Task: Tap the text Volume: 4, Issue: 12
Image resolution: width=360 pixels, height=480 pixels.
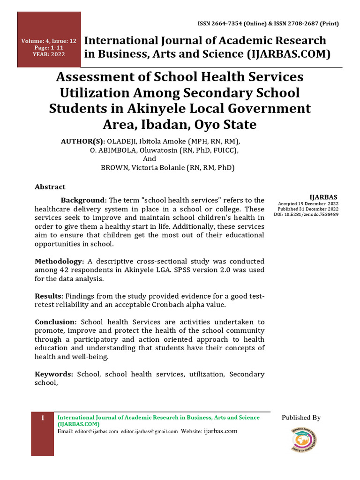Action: click(49, 41)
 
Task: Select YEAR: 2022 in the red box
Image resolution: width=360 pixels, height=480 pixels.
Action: click(49, 54)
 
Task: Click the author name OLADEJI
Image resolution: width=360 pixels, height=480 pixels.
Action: click(123, 141)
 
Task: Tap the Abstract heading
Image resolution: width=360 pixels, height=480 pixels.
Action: click(50, 187)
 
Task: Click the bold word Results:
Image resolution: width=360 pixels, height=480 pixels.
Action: click(49, 296)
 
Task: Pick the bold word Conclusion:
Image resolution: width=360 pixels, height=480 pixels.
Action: click(56, 322)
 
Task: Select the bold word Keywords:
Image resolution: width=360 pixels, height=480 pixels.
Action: click(54, 374)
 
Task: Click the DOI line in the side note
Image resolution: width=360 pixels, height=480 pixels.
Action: click(306, 214)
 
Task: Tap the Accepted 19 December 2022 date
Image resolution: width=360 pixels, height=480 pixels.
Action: click(308, 204)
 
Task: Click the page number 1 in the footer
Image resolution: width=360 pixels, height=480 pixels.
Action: click(43, 418)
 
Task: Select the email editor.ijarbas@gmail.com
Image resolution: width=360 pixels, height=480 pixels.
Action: click(149, 431)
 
